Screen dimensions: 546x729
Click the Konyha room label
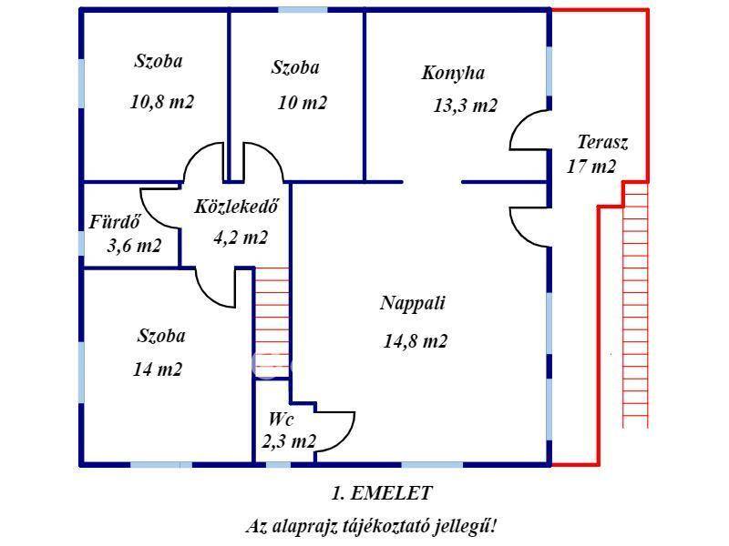[453, 74]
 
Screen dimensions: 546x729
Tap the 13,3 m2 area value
[465, 106]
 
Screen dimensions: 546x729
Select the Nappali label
[413, 304]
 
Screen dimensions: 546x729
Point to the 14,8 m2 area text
[416, 342]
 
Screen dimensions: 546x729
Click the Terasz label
[602, 143]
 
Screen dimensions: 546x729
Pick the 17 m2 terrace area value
[591, 167]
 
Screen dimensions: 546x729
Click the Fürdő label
[114, 222]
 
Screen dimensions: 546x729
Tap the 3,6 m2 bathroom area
[134, 246]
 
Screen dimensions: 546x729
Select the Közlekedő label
[236, 207]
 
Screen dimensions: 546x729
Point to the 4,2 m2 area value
[241, 238]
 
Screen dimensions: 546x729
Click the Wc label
[281, 420]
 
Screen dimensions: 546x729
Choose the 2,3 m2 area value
[289, 442]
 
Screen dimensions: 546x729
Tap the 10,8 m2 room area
[162, 102]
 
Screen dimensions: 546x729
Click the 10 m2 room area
[302, 103]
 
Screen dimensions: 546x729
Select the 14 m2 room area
[157, 369]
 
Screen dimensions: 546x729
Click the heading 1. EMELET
[381, 493]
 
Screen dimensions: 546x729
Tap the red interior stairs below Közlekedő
[272, 318]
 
